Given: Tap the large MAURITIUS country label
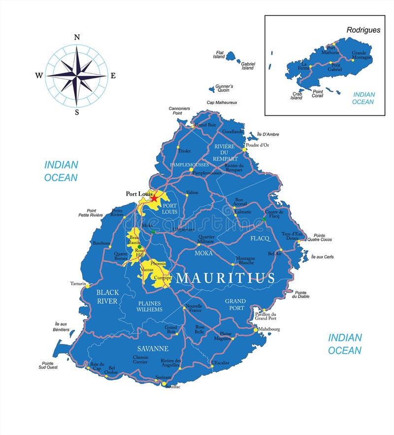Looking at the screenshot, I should pyautogui.click(x=225, y=278).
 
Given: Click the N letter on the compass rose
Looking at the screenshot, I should pyautogui.click(x=77, y=37).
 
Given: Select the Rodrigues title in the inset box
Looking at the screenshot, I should pyautogui.click(x=363, y=30).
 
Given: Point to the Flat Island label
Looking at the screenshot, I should pyautogui.click(x=219, y=55).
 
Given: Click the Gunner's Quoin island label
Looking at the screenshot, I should pyautogui.click(x=225, y=88).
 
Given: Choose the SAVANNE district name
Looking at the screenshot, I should pyautogui.click(x=153, y=348).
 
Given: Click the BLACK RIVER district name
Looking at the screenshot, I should pyautogui.click(x=107, y=296).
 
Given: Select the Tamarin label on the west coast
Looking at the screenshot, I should pyautogui.click(x=78, y=284).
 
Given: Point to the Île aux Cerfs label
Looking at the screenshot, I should pyautogui.click(x=323, y=257).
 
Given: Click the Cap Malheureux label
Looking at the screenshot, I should pyautogui.click(x=222, y=103).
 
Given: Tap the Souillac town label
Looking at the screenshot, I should pyautogui.click(x=173, y=387).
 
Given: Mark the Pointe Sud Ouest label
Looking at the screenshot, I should pyautogui.click(x=47, y=365).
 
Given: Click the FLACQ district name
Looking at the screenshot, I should pyautogui.click(x=260, y=238).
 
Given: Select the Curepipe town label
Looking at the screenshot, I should pyautogui.click(x=162, y=278).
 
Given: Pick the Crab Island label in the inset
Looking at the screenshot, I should pyautogui.click(x=296, y=96).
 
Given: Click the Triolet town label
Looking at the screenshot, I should pyautogui.click(x=184, y=151).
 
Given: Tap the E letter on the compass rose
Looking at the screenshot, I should pyautogui.click(x=113, y=75).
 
